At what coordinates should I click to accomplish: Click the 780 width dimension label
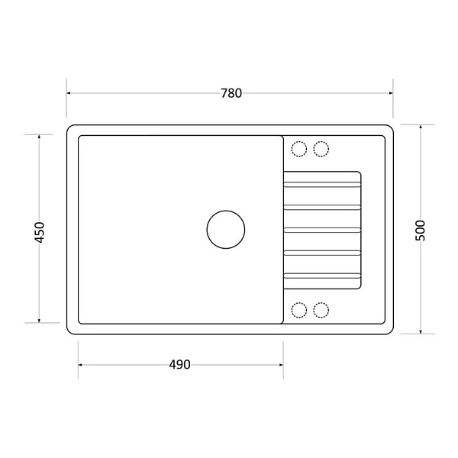coord(231,93)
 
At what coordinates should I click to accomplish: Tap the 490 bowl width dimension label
coord(179,365)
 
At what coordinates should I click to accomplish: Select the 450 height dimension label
coord(39,233)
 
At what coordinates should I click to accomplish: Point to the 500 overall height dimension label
coord(420,231)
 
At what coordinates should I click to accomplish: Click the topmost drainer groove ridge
coord(322,184)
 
